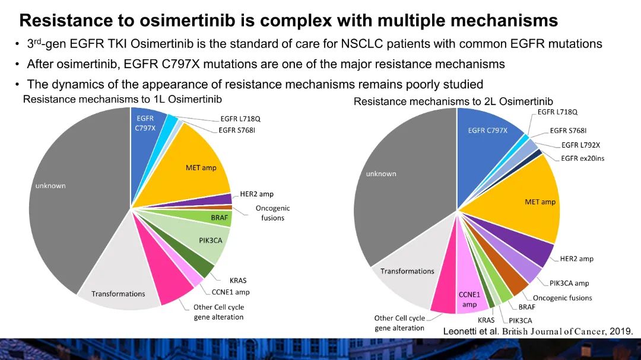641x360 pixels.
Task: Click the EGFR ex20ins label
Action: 583,158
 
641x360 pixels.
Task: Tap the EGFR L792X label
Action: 580,145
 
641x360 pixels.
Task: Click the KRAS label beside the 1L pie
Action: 237,281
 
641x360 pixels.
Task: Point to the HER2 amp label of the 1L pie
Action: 256,194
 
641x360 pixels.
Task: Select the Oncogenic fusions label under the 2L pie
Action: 562,298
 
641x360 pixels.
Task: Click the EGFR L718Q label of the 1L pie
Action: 240,119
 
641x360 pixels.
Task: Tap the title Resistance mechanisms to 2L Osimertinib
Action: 453,102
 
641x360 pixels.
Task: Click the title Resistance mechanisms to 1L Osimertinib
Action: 122,99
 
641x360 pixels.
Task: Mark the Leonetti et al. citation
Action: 538,331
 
